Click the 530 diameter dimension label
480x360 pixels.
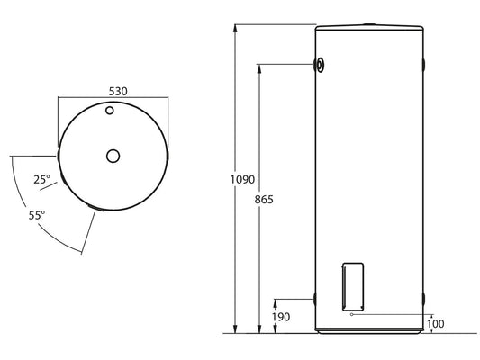[112, 92]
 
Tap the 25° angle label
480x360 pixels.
[41, 180]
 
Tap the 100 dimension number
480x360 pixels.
[438, 323]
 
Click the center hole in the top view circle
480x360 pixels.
[113, 156]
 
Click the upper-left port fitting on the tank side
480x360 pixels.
[321, 64]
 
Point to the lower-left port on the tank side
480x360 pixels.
[314, 297]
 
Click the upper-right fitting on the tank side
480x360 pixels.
[424, 65]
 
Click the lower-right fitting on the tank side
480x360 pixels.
[424, 297]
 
